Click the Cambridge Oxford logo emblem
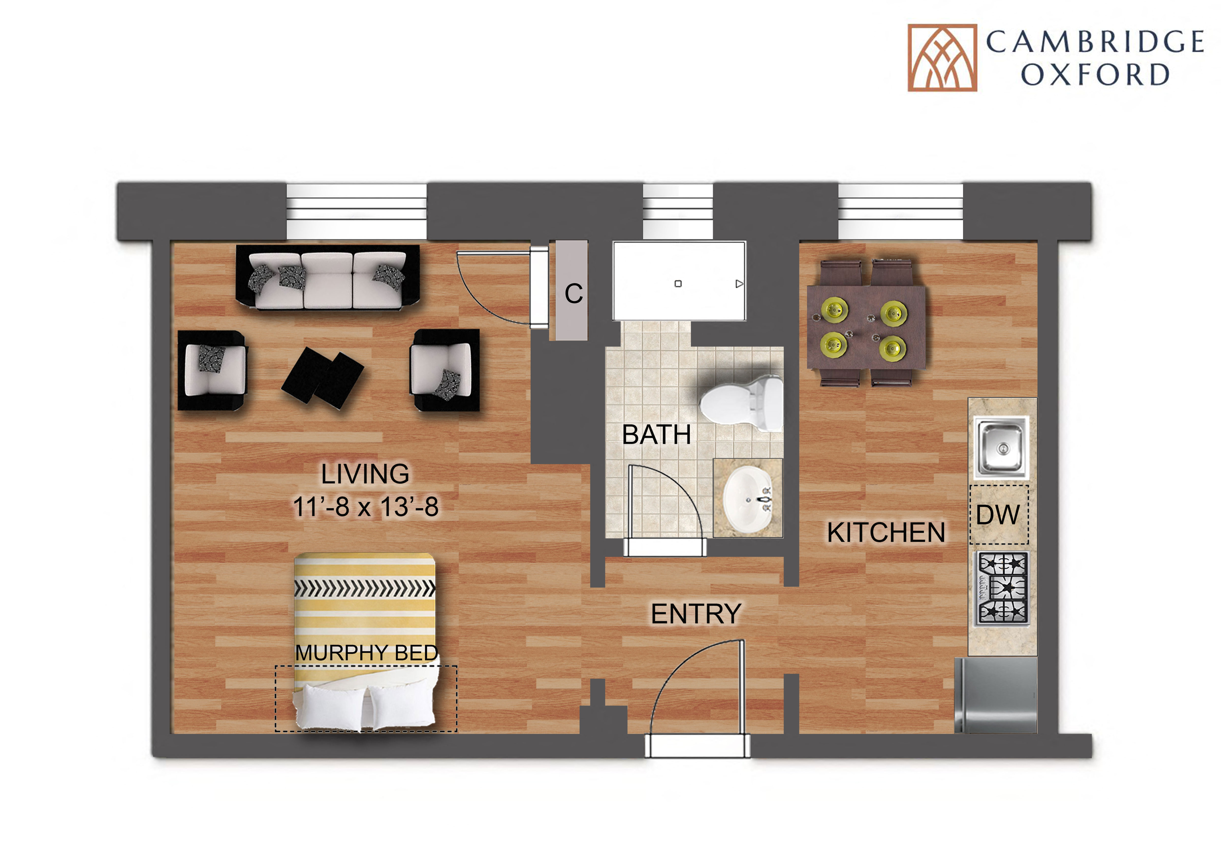click(942, 57)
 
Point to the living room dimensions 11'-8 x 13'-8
click(366, 507)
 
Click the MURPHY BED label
click(366, 653)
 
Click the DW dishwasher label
click(998, 514)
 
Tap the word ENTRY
click(696, 614)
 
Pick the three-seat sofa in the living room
click(328, 277)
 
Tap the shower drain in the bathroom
click(678, 284)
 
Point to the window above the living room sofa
click(356, 211)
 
